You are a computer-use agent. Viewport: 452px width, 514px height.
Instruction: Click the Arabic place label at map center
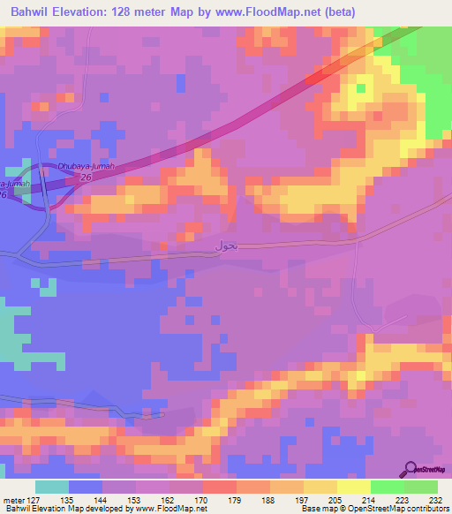[226, 246]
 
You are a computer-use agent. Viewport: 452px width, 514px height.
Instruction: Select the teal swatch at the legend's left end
[52, 487]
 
